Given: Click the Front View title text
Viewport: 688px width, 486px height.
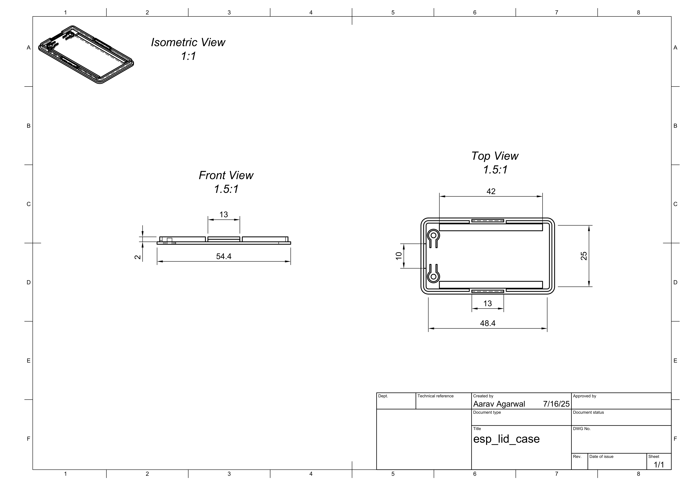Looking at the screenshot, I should (226, 176).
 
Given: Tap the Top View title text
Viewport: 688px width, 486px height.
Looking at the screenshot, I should (495, 156).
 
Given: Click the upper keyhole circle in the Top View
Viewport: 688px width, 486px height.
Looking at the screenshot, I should (433, 235).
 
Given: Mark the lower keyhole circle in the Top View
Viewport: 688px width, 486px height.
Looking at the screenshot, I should (433, 277).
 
